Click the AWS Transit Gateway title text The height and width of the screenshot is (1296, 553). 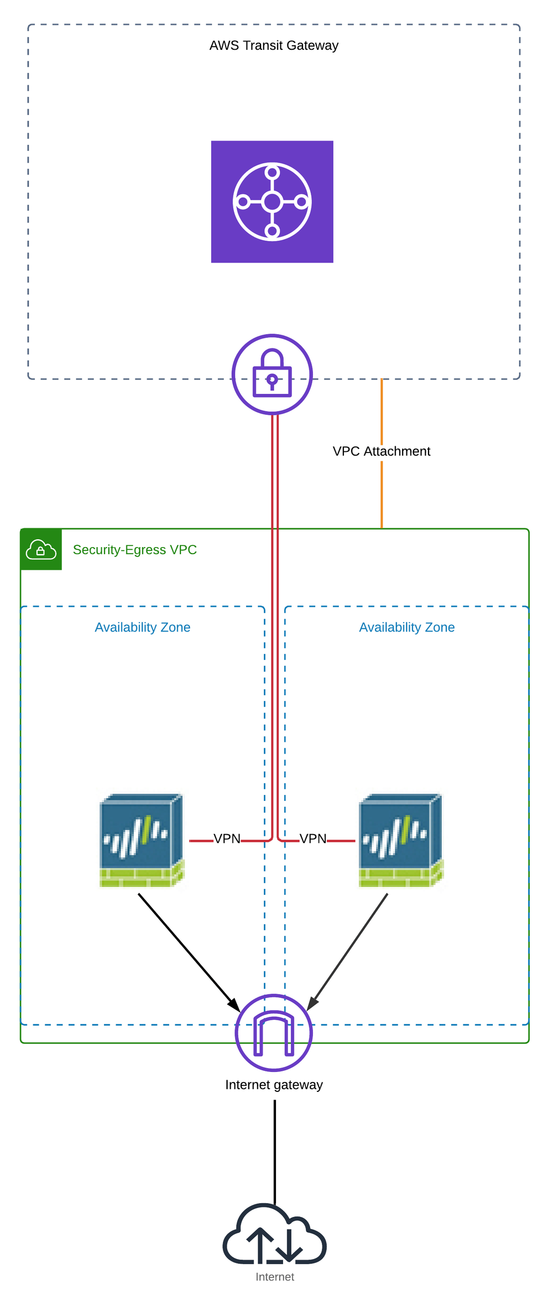(274, 45)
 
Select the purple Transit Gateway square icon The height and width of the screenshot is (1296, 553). (272, 202)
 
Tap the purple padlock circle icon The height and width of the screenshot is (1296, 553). (272, 374)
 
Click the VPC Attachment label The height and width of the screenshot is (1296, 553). (381, 451)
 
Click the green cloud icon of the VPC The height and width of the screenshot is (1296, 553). (41, 549)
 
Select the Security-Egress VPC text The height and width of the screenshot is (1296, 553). (134, 550)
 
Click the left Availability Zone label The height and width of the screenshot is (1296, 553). (142, 627)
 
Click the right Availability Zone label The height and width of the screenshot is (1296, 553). (406, 627)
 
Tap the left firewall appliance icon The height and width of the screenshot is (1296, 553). (142, 840)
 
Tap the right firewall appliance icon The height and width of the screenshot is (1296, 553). (401, 840)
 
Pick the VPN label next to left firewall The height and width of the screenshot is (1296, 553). (227, 839)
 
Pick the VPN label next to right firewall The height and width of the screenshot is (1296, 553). (312, 839)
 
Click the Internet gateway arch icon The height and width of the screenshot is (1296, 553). (274, 1033)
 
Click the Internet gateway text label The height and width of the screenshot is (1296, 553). (274, 1085)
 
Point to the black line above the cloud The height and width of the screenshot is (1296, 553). (275, 1151)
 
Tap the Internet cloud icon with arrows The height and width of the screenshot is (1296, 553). (275, 1237)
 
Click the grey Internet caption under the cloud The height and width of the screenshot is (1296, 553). (275, 1277)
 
